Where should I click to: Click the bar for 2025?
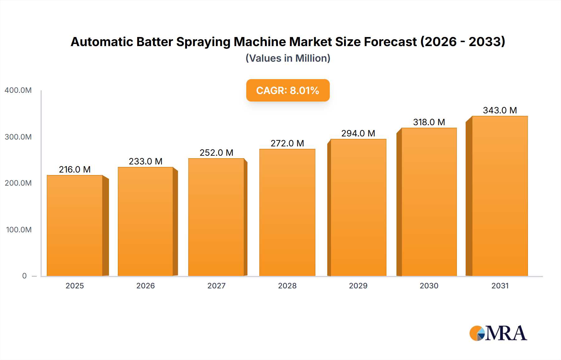point(75,226)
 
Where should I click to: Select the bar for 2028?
point(287,213)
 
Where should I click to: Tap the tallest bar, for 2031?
point(500,196)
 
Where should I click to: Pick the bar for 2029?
point(358,208)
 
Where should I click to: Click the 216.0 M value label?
point(75,169)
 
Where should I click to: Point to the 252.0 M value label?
point(216,153)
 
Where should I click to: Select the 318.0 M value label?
point(429,122)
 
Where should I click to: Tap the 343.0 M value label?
point(500,110)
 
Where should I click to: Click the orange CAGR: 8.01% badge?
point(288,90)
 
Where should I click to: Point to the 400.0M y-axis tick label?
point(18,90)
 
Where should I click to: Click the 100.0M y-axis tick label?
point(19,230)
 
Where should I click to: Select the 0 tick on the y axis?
point(24,276)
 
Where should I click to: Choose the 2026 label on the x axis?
point(146,286)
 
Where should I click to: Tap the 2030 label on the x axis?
point(429,286)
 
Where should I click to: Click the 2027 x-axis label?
point(216,286)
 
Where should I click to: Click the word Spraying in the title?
point(203,42)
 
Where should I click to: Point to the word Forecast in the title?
point(390,42)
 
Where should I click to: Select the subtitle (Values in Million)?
point(288,58)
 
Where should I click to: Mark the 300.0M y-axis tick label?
point(18,137)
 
